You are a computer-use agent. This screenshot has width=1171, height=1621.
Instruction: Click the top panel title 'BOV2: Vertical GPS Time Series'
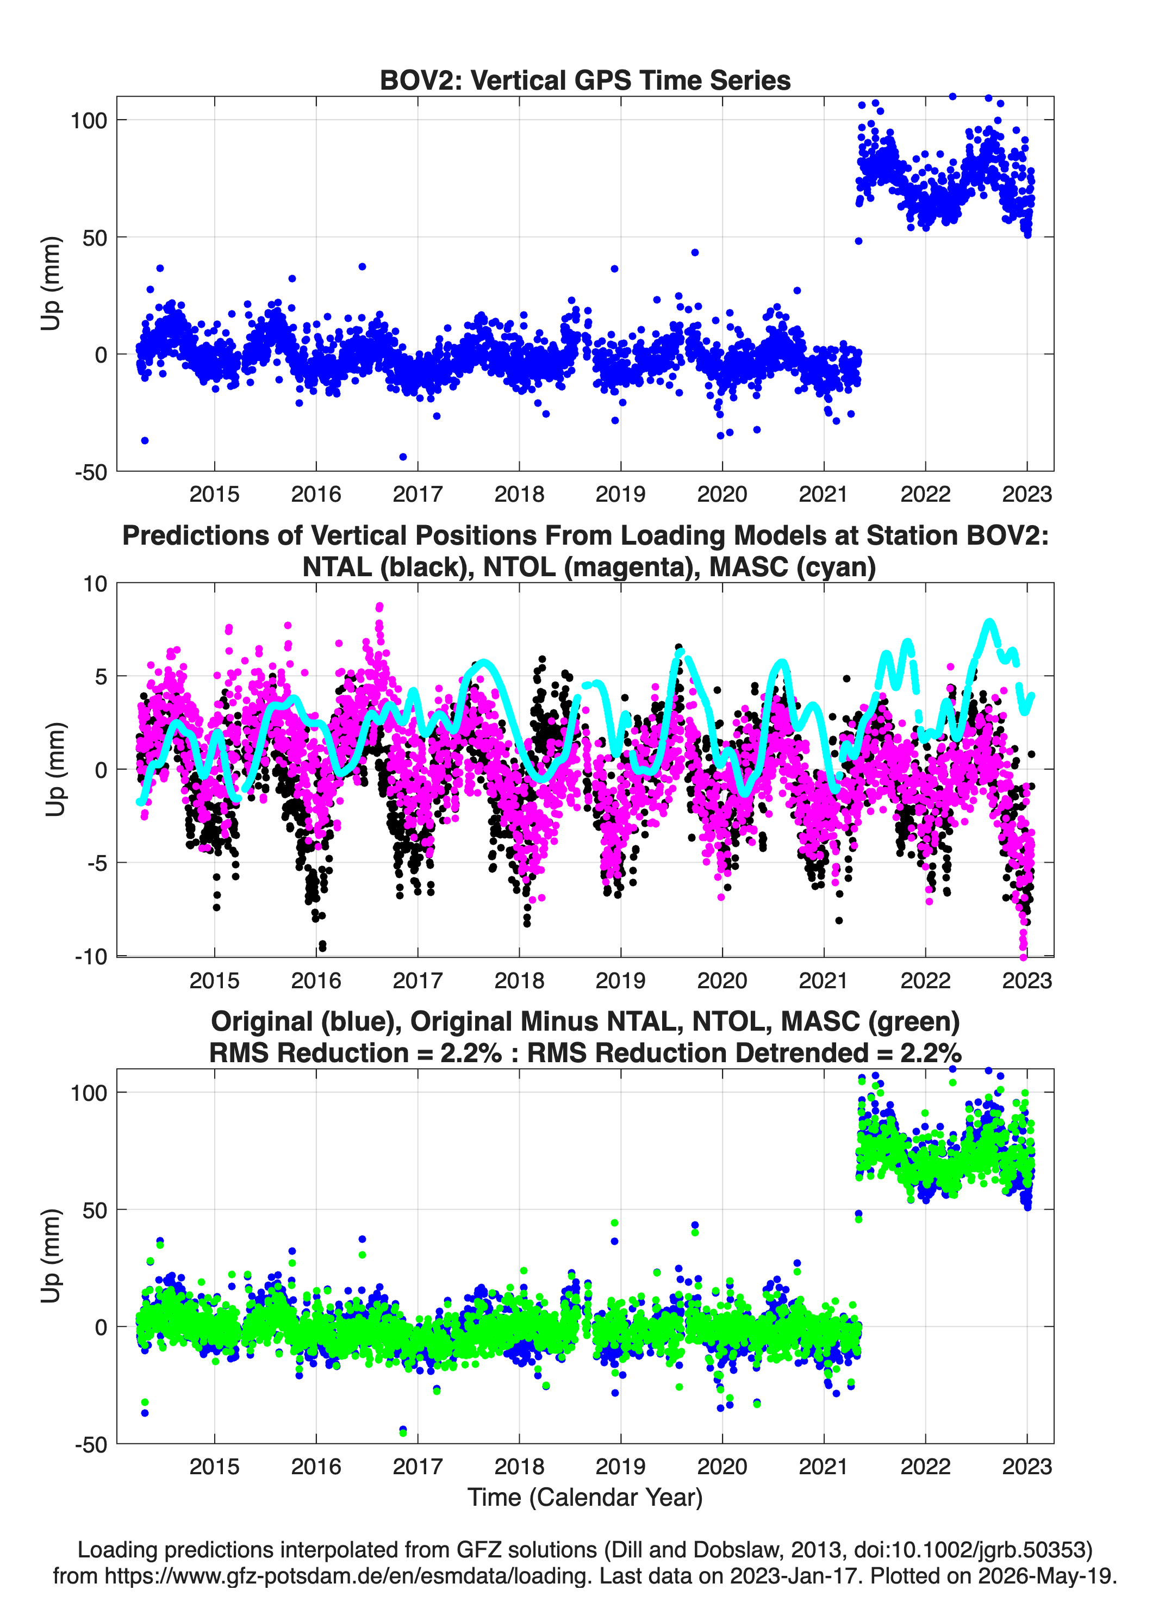[585, 80]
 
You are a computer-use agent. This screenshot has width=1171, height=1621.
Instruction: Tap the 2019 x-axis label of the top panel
[620, 494]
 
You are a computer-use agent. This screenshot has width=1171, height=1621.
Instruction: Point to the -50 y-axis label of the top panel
[91, 472]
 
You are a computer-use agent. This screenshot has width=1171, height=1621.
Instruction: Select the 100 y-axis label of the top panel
[89, 120]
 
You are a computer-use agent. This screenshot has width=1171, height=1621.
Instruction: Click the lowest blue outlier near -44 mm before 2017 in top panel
[403, 457]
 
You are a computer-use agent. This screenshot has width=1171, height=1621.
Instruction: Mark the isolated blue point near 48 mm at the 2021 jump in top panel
[858, 241]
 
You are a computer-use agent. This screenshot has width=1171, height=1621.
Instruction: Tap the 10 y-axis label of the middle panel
[95, 584]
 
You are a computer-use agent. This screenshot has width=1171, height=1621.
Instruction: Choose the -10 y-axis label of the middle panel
[91, 956]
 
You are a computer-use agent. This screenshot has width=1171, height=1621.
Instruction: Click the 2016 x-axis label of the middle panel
[316, 980]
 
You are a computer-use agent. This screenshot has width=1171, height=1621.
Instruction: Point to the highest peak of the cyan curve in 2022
[989, 622]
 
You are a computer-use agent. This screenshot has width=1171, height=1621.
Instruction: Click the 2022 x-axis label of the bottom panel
[925, 1466]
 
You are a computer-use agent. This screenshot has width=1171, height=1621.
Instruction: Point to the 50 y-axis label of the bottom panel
[95, 1210]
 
